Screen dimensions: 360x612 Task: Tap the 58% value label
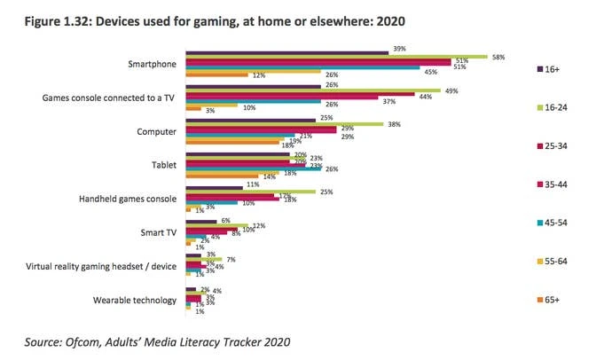coord(498,57)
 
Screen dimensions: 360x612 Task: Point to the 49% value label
coord(451,91)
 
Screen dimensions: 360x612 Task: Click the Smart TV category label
coord(157,231)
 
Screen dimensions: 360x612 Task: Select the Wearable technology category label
coord(134,300)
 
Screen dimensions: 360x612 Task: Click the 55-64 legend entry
coord(561,261)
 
